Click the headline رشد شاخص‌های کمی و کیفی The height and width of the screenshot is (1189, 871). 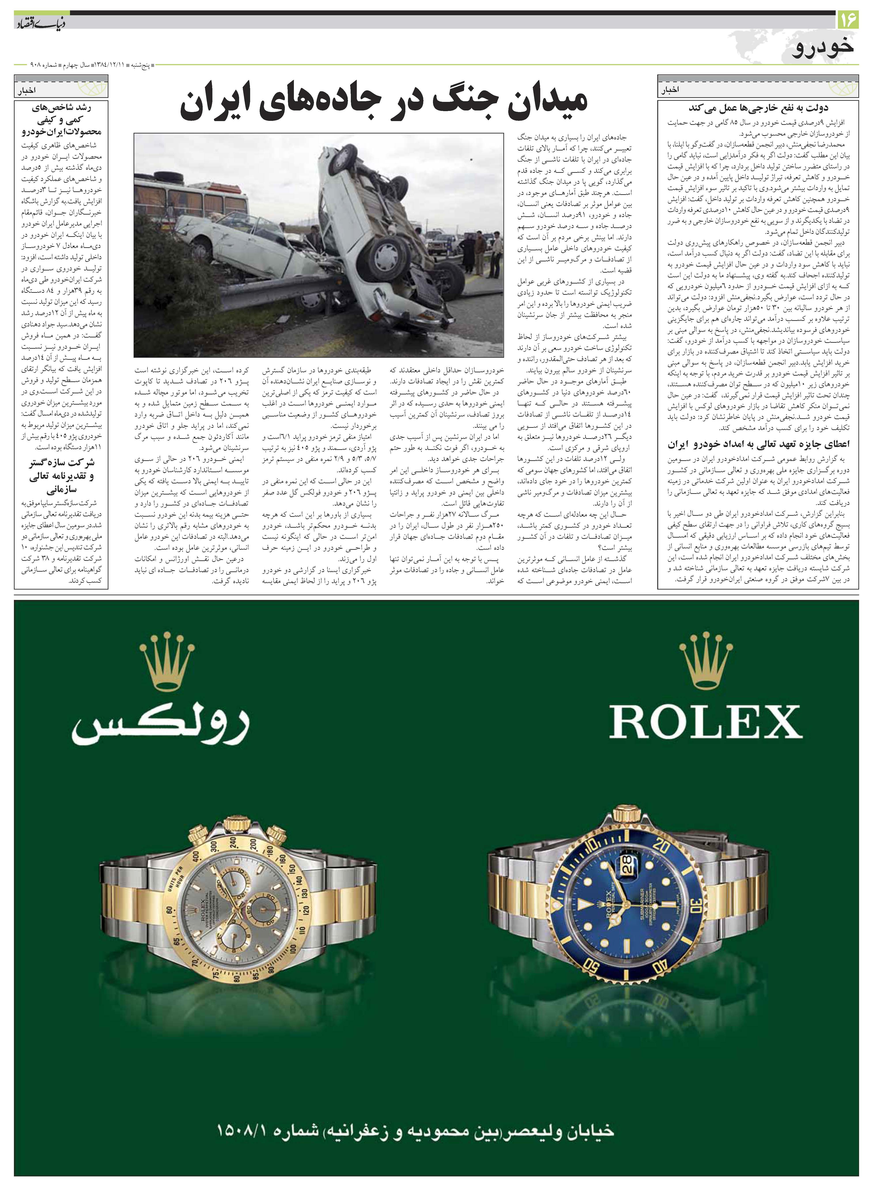tap(62, 119)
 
